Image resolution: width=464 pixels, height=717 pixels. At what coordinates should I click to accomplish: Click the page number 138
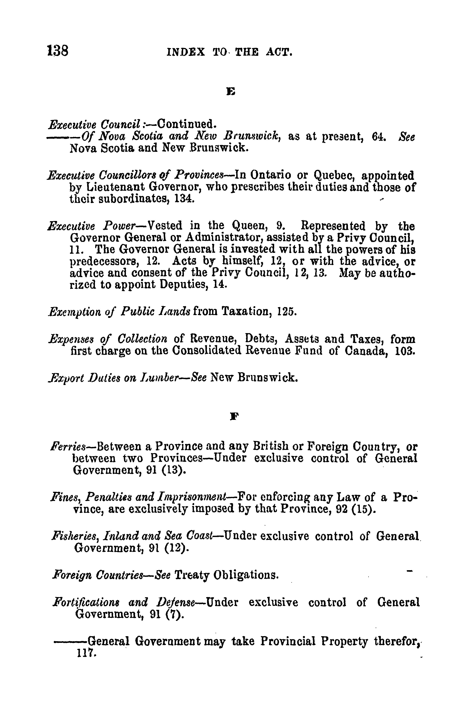point(58,51)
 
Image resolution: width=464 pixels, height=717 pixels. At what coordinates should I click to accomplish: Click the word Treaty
point(191,575)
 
